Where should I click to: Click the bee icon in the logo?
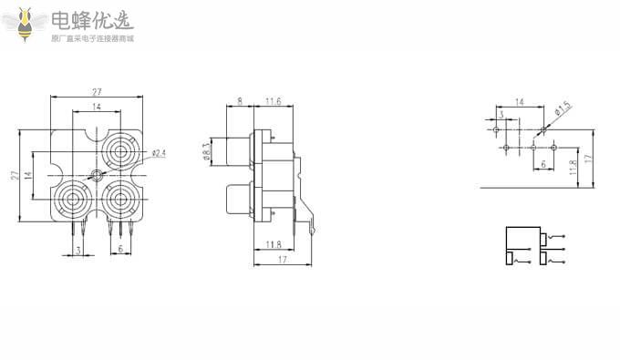[25, 25]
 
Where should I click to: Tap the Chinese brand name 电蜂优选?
[92, 21]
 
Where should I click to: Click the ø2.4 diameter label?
[159, 153]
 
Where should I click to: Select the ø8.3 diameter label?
[206, 151]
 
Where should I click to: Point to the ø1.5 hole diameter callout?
[563, 108]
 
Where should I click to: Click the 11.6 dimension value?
[274, 101]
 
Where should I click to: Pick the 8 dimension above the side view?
[240, 101]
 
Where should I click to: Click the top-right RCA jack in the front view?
[120, 150]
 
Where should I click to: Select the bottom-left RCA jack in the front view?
[71, 200]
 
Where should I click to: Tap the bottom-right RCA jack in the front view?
[120, 200]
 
